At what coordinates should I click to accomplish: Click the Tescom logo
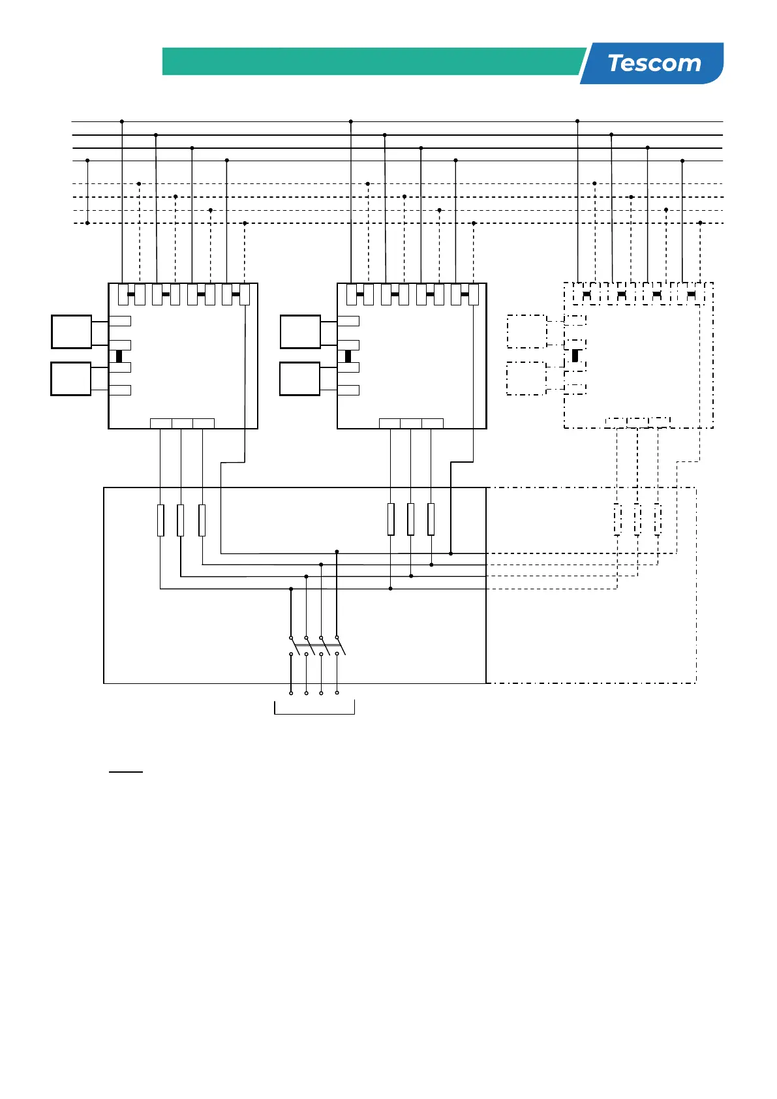click(654, 63)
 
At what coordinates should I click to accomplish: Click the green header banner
click(372, 61)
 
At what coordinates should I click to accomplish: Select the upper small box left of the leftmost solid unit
click(71, 332)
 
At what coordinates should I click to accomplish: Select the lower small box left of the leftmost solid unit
click(71, 379)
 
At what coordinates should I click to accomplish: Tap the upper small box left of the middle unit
click(300, 332)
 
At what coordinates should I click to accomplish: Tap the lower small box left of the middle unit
click(300, 379)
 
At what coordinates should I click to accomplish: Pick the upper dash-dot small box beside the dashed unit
click(526, 332)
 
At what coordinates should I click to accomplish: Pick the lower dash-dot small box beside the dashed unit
click(526, 379)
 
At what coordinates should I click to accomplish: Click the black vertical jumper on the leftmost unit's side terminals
click(119, 356)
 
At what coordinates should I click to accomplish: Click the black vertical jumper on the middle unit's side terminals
click(348, 356)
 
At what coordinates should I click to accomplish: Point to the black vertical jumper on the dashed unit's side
click(575, 356)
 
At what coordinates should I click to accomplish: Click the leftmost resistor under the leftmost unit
click(160, 520)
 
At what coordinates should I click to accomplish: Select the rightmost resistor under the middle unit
click(431, 519)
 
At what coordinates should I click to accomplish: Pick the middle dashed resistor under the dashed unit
click(637, 520)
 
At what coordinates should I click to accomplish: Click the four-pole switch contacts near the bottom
click(314, 646)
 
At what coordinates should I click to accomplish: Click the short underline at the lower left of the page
click(125, 771)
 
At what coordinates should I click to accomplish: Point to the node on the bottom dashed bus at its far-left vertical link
click(87, 223)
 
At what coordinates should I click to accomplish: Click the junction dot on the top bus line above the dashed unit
click(577, 121)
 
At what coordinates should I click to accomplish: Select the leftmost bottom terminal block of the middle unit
click(389, 424)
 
